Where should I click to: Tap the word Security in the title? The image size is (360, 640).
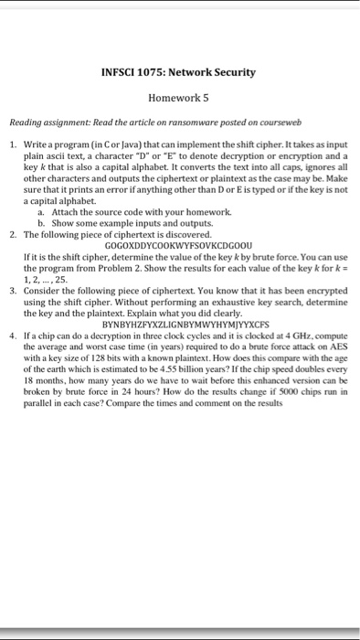tap(233, 72)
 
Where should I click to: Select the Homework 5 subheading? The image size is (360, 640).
tap(180, 97)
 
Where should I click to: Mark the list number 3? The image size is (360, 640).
tap(13, 285)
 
